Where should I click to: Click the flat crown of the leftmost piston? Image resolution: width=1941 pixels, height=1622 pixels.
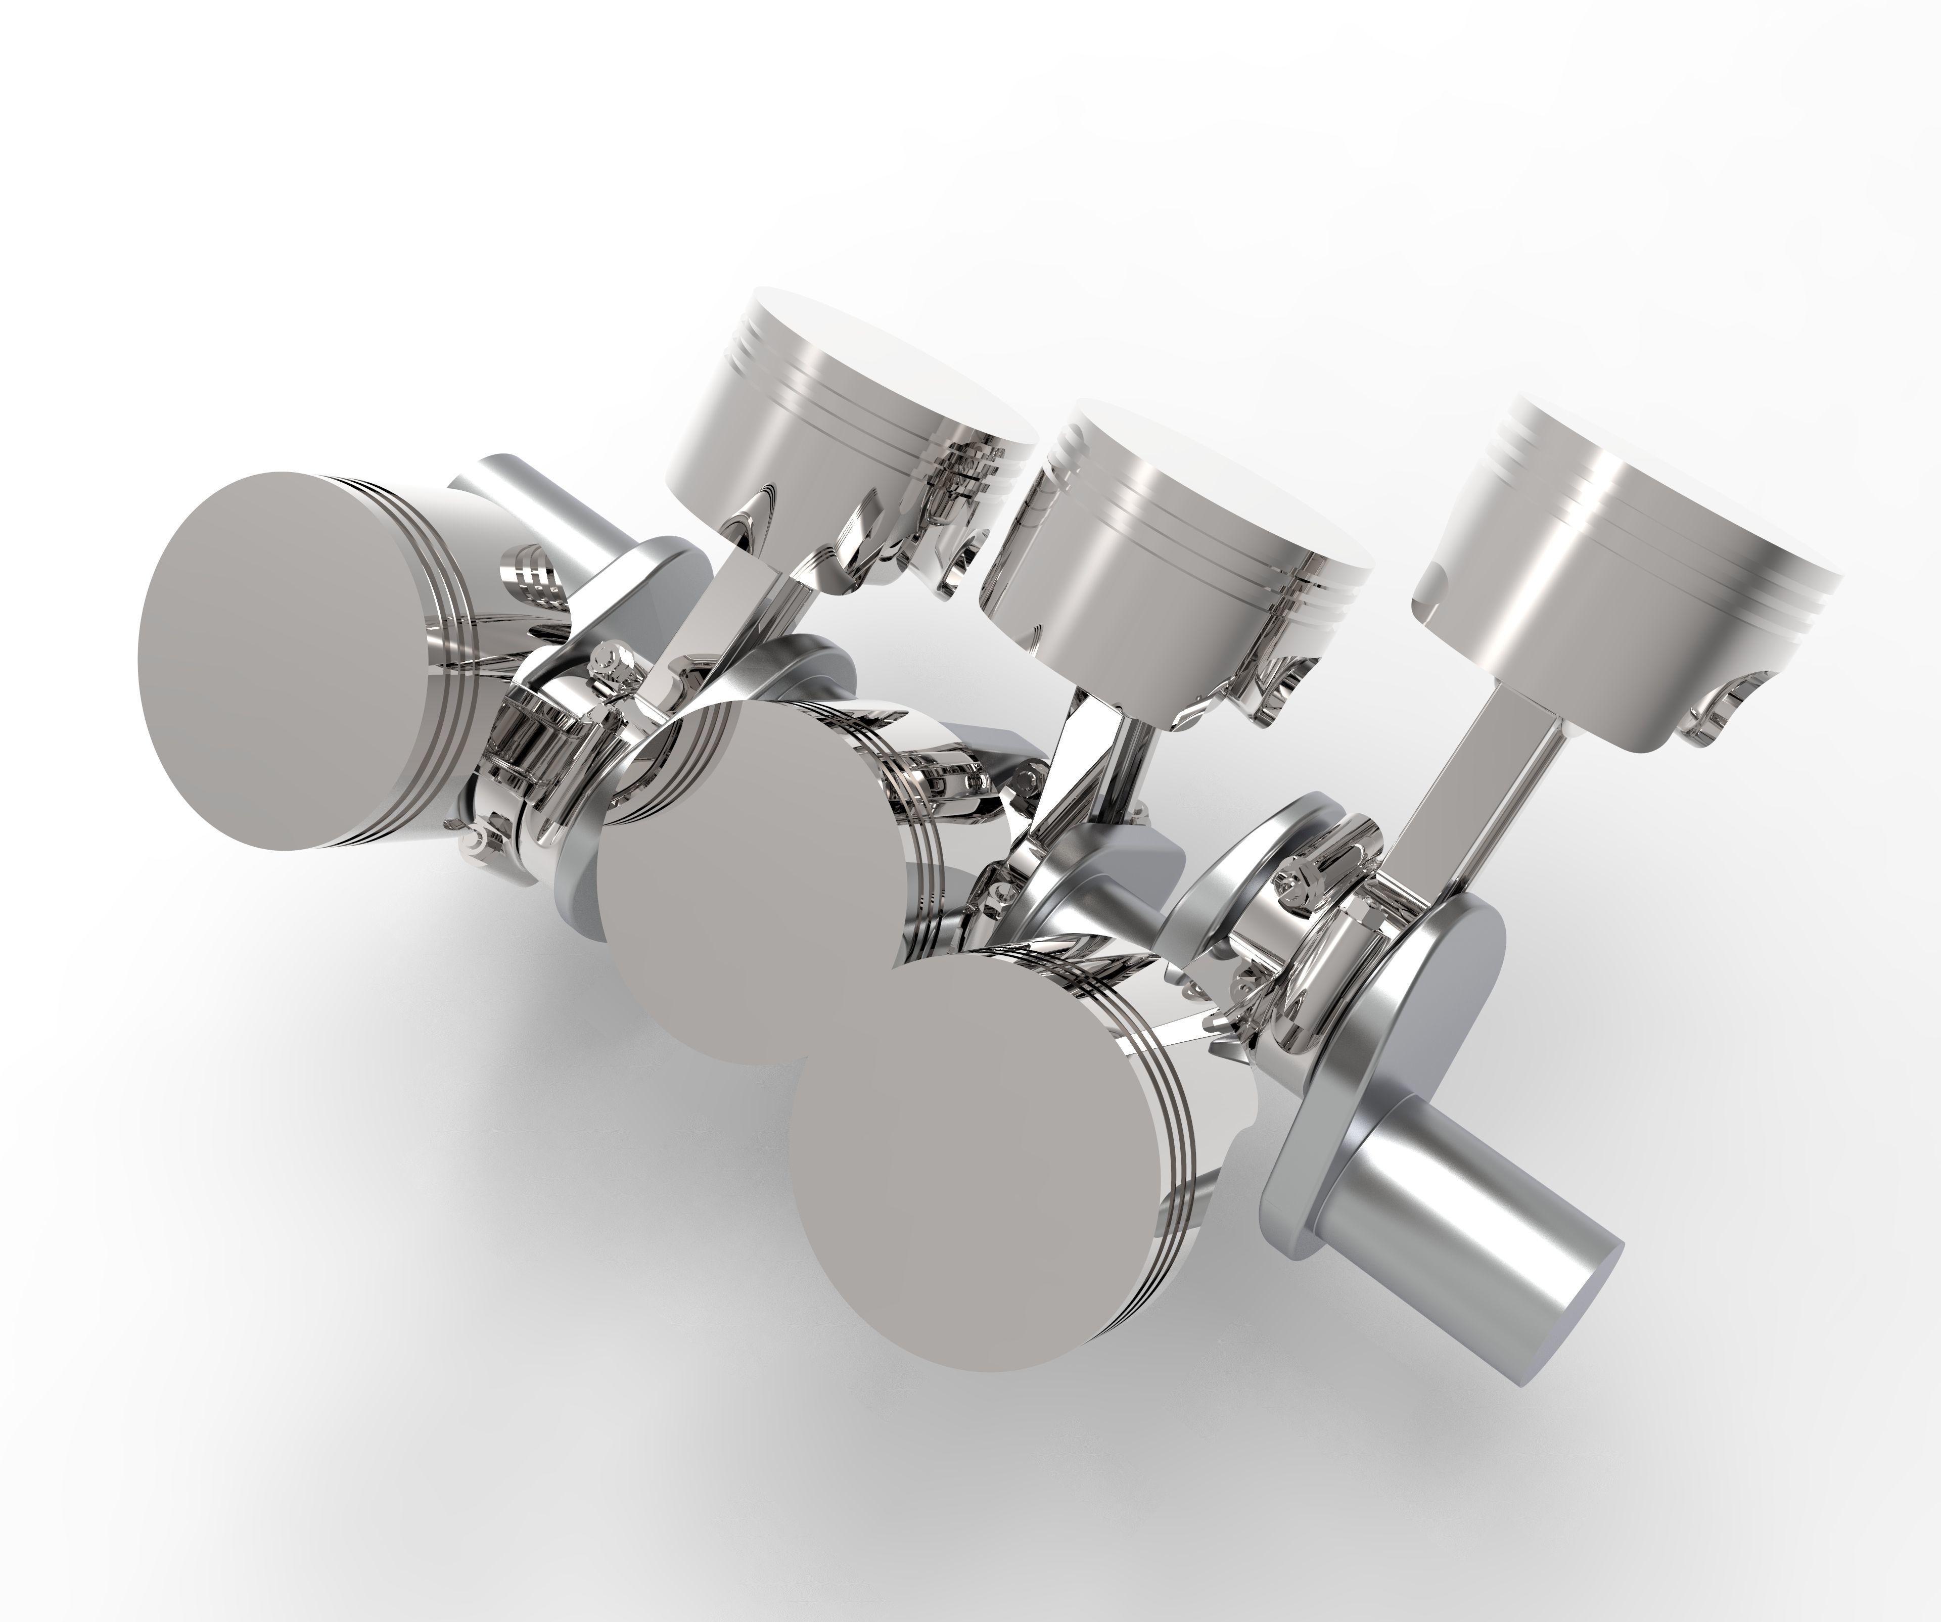click(x=296, y=661)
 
